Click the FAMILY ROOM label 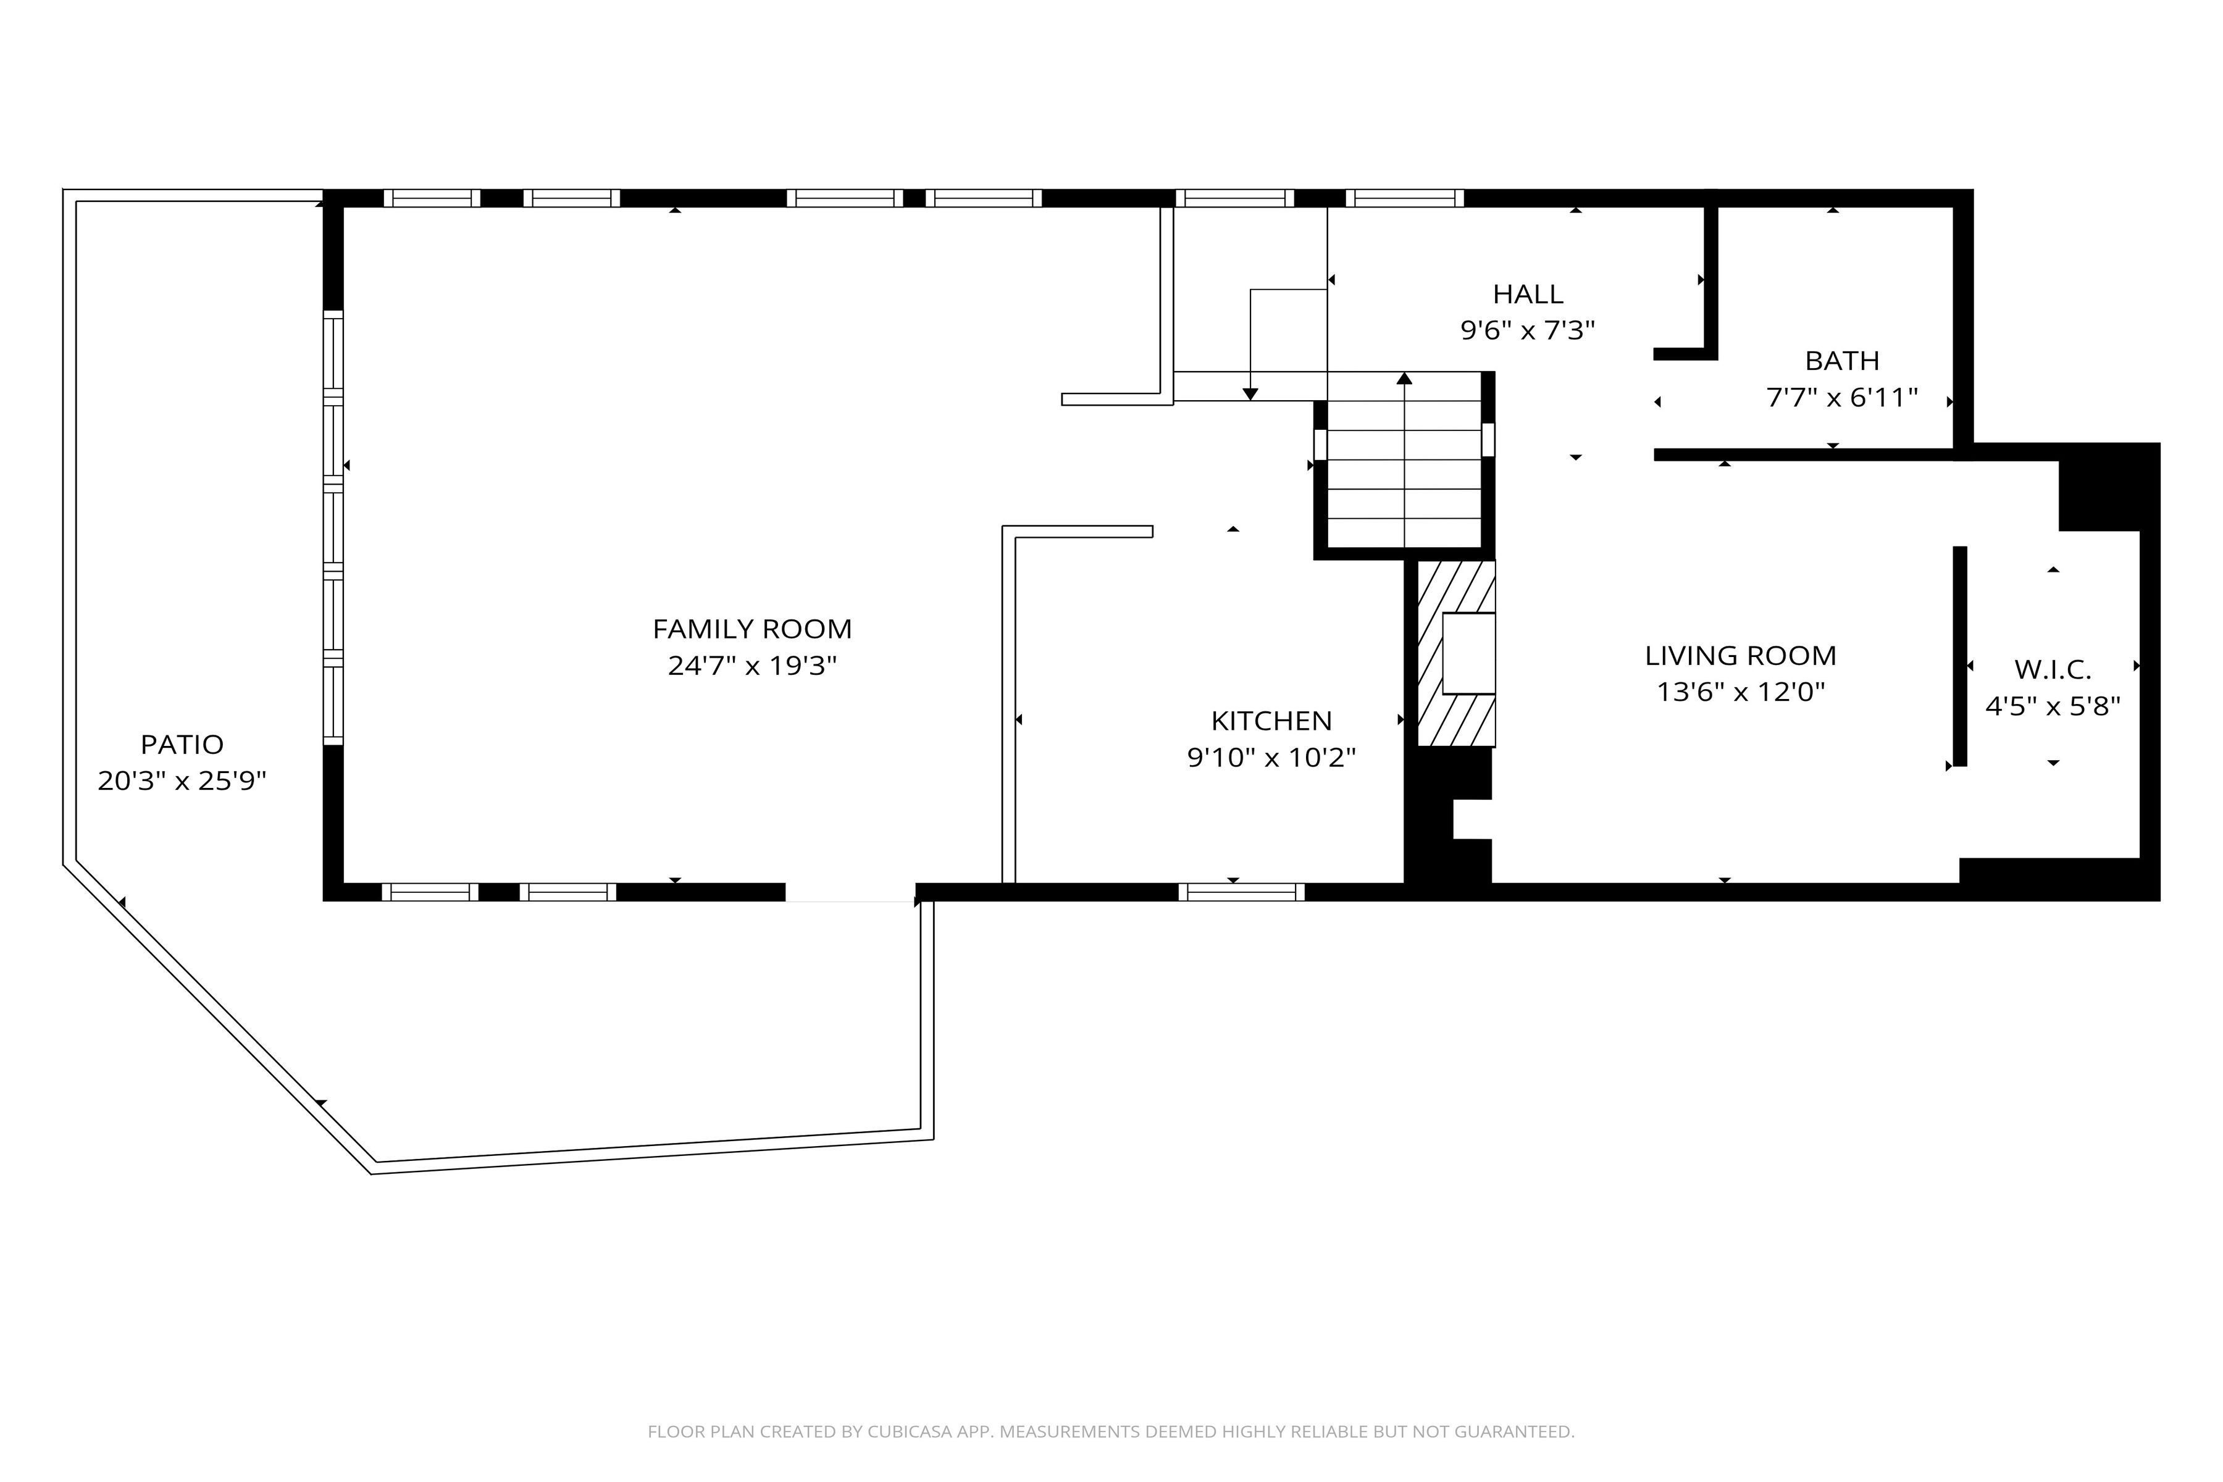(x=752, y=629)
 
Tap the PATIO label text (x=182, y=745)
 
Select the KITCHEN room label (x=1271, y=721)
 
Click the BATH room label (x=1842, y=361)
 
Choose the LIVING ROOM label (x=1740, y=656)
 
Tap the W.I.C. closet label (x=2053, y=670)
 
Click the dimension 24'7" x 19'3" (x=752, y=666)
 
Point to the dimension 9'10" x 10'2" (x=1271, y=758)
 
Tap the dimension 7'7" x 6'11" (x=1842, y=398)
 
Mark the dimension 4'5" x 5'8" (x=2053, y=707)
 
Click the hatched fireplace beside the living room (x=1457, y=654)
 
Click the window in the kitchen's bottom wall (x=1242, y=892)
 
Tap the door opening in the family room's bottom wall (x=851, y=892)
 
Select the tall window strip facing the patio (x=333, y=527)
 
